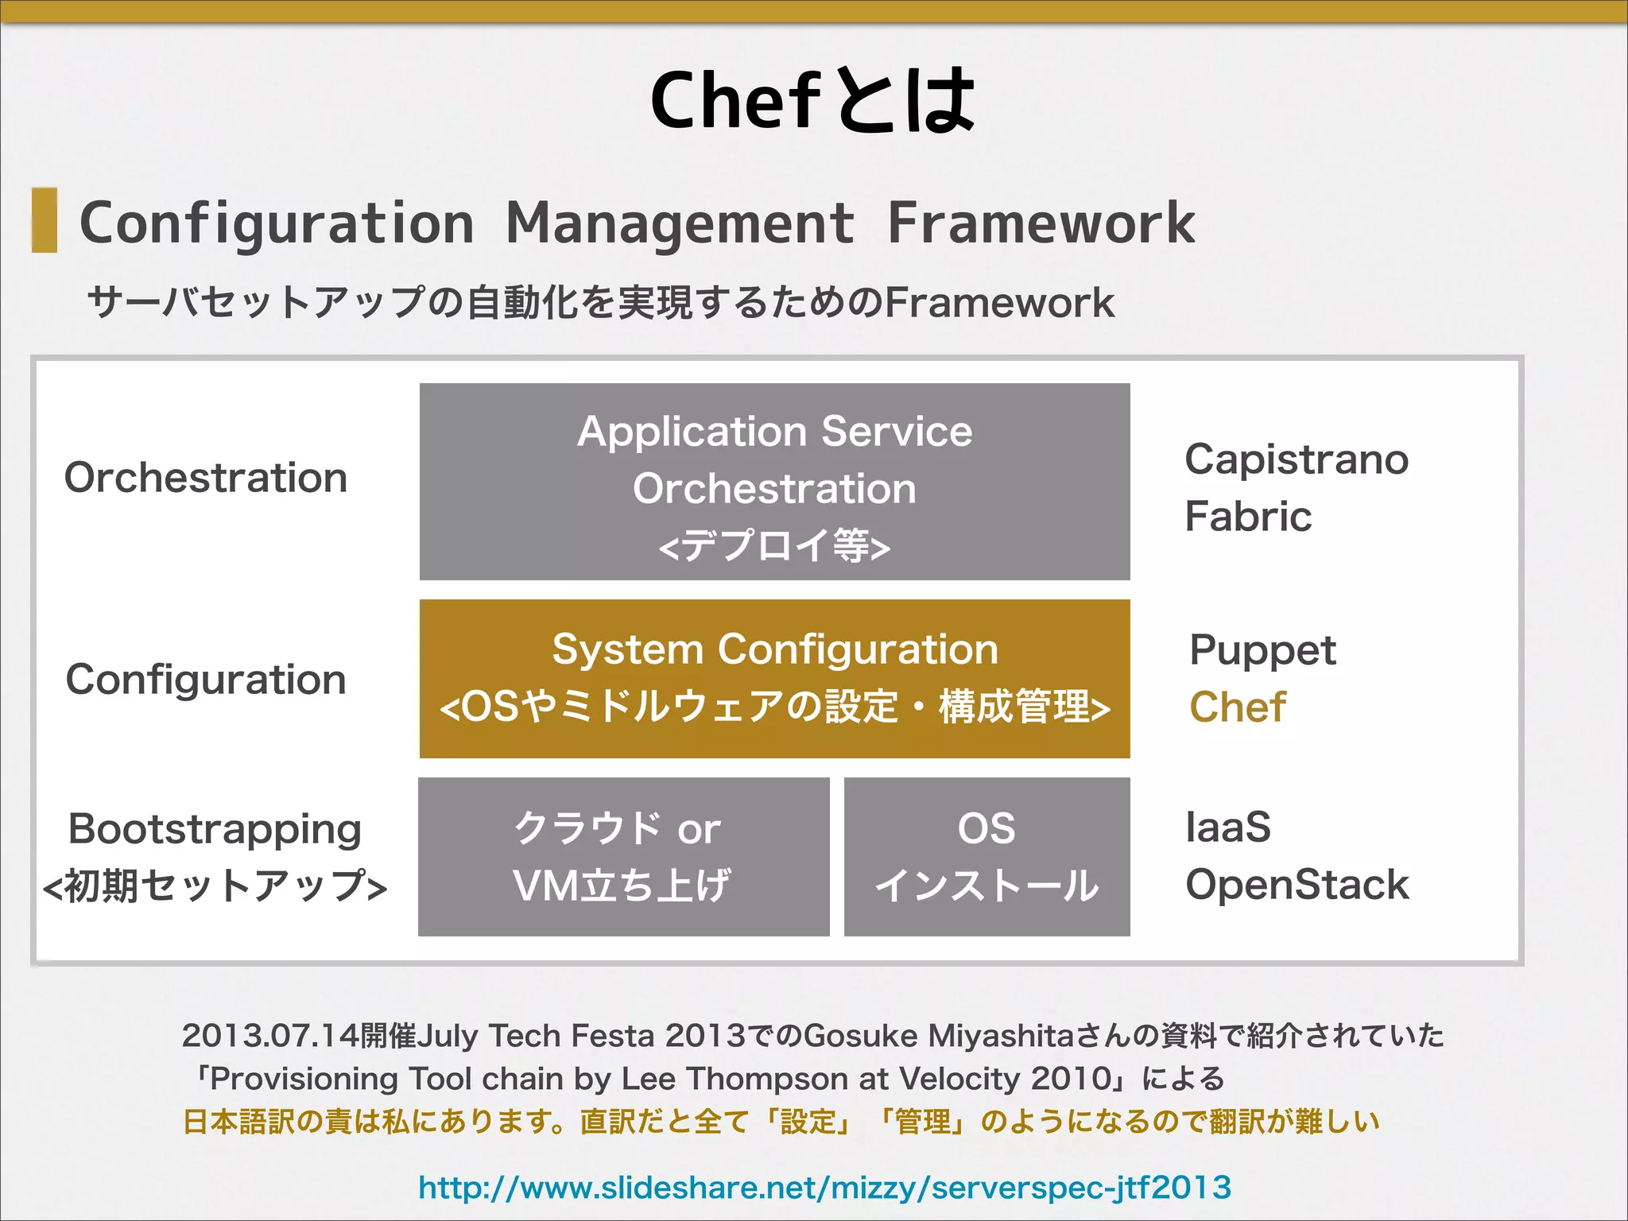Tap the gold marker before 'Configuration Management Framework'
coord(45,220)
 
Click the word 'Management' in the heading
coord(680,223)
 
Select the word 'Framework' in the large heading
coord(1041,223)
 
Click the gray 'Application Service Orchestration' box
coord(774,482)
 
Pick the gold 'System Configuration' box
coord(774,678)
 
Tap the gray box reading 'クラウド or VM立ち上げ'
coord(623,856)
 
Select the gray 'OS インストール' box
coord(986,856)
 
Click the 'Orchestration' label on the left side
coord(206,478)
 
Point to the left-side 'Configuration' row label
coord(206,680)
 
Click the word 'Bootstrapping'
coord(215,828)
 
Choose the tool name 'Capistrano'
coord(1296,459)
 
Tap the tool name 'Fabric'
coord(1247,517)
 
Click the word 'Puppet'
coord(1262,650)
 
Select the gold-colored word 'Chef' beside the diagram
coord(1237,707)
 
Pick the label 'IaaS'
coord(1227,827)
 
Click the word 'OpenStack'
coord(1297,885)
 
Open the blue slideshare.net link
coord(824,1188)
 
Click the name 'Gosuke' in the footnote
coord(860,1036)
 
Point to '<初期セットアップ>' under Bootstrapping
coord(215,886)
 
